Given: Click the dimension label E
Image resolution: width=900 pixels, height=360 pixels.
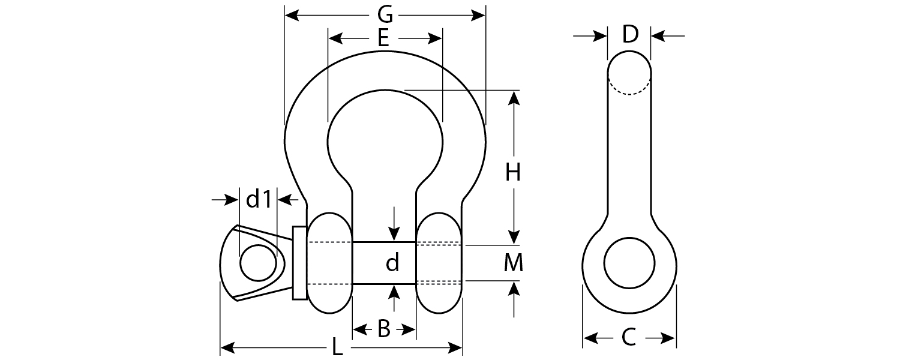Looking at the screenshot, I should pos(384,39).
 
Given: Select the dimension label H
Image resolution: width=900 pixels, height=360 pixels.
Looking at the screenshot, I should pos(512,173).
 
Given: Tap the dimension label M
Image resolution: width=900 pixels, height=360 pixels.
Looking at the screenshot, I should pos(513,263).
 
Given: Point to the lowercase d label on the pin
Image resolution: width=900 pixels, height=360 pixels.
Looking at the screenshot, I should pos(392,263).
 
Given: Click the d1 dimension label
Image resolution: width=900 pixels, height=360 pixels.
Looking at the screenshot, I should pos(259,199).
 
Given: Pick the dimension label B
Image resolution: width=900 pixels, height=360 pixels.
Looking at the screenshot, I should pos(384,329).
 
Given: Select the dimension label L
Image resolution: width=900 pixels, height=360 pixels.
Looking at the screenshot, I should pos(338,347).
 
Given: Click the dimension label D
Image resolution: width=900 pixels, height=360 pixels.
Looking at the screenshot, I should pos(629,35).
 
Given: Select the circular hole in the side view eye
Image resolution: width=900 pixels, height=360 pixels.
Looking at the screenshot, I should pos(629,263).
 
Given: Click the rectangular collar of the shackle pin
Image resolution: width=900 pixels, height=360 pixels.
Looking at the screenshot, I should pos(299,263).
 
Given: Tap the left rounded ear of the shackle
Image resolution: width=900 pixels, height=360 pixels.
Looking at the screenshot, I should pos(329,263).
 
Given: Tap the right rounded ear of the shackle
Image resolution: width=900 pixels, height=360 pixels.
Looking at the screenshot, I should pos(439,263).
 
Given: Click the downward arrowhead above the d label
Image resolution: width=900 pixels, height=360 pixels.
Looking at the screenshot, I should pos(394,233).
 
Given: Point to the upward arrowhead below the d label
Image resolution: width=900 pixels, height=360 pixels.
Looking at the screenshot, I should pos(394,293).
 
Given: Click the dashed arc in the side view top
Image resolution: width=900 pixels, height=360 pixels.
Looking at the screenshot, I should pos(629,90).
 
